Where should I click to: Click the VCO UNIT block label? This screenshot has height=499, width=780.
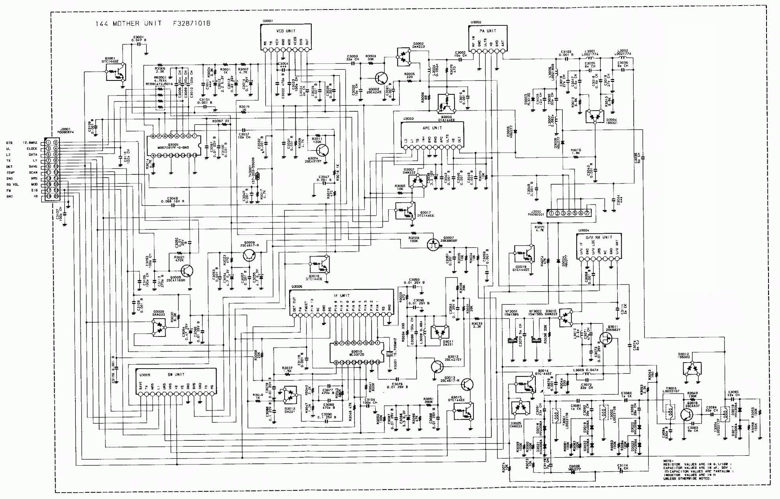pyautogui.click(x=286, y=31)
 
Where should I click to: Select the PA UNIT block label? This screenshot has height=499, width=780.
pyautogui.click(x=488, y=31)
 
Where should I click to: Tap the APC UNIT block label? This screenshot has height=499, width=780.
pyautogui.click(x=432, y=128)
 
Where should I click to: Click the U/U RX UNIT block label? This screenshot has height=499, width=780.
pyautogui.click(x=599, y=237)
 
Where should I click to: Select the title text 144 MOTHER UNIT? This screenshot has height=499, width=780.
pyautogui.click(x=128, y=23)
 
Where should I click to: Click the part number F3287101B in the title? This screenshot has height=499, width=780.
pyautogui.click(x=192, y=23)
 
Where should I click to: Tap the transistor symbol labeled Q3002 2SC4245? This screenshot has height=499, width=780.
pyautogui.click(x=381, y=77)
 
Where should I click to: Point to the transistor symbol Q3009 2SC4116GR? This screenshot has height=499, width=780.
pyautogui.click(x=187, y=271)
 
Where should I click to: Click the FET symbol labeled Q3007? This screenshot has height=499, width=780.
pyautogui.click(x=433, y=243)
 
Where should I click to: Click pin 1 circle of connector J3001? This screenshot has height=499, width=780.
pyautogui.click(x=48, y=143)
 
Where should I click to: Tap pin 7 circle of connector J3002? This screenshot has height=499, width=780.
pyautogui.click(x=587, y=213)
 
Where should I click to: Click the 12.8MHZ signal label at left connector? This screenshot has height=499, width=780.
pyautogui.click(x=30, y=143)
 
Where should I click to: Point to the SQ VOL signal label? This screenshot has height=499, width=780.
pyautogui.click(x=13, y=185)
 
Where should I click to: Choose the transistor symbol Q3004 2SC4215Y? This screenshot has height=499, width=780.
pyautogui.click(x=322, y=150)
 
